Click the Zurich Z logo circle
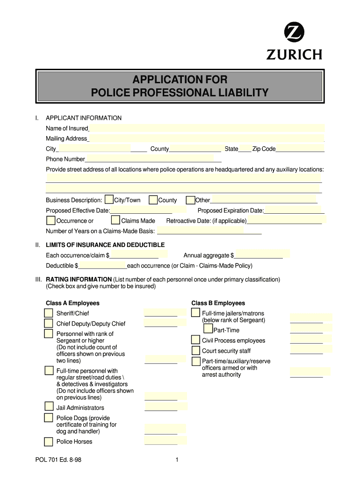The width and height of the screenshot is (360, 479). click(295, 34)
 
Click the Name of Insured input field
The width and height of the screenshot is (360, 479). click(207, 128)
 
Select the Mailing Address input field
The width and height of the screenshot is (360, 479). click(206, 138)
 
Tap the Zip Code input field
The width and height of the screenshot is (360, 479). click(300, 149)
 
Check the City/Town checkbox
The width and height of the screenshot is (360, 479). click(109, 200)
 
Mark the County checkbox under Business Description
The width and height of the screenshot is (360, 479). click(153, 200)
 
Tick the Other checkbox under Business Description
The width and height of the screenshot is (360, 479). click(190, 200)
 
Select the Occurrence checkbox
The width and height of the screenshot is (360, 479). click(51, 220)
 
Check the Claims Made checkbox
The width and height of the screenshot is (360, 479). click(115, 220)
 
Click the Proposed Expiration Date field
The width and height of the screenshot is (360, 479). click(294, 210)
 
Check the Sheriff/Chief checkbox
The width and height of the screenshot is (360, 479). click(49, 313)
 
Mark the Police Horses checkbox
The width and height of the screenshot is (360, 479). click(49, 441)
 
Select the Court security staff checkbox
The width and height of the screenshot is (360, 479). click(195, 350)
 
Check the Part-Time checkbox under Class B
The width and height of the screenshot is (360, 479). click(208, 329)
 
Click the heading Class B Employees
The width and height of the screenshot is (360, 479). click(218, 303)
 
